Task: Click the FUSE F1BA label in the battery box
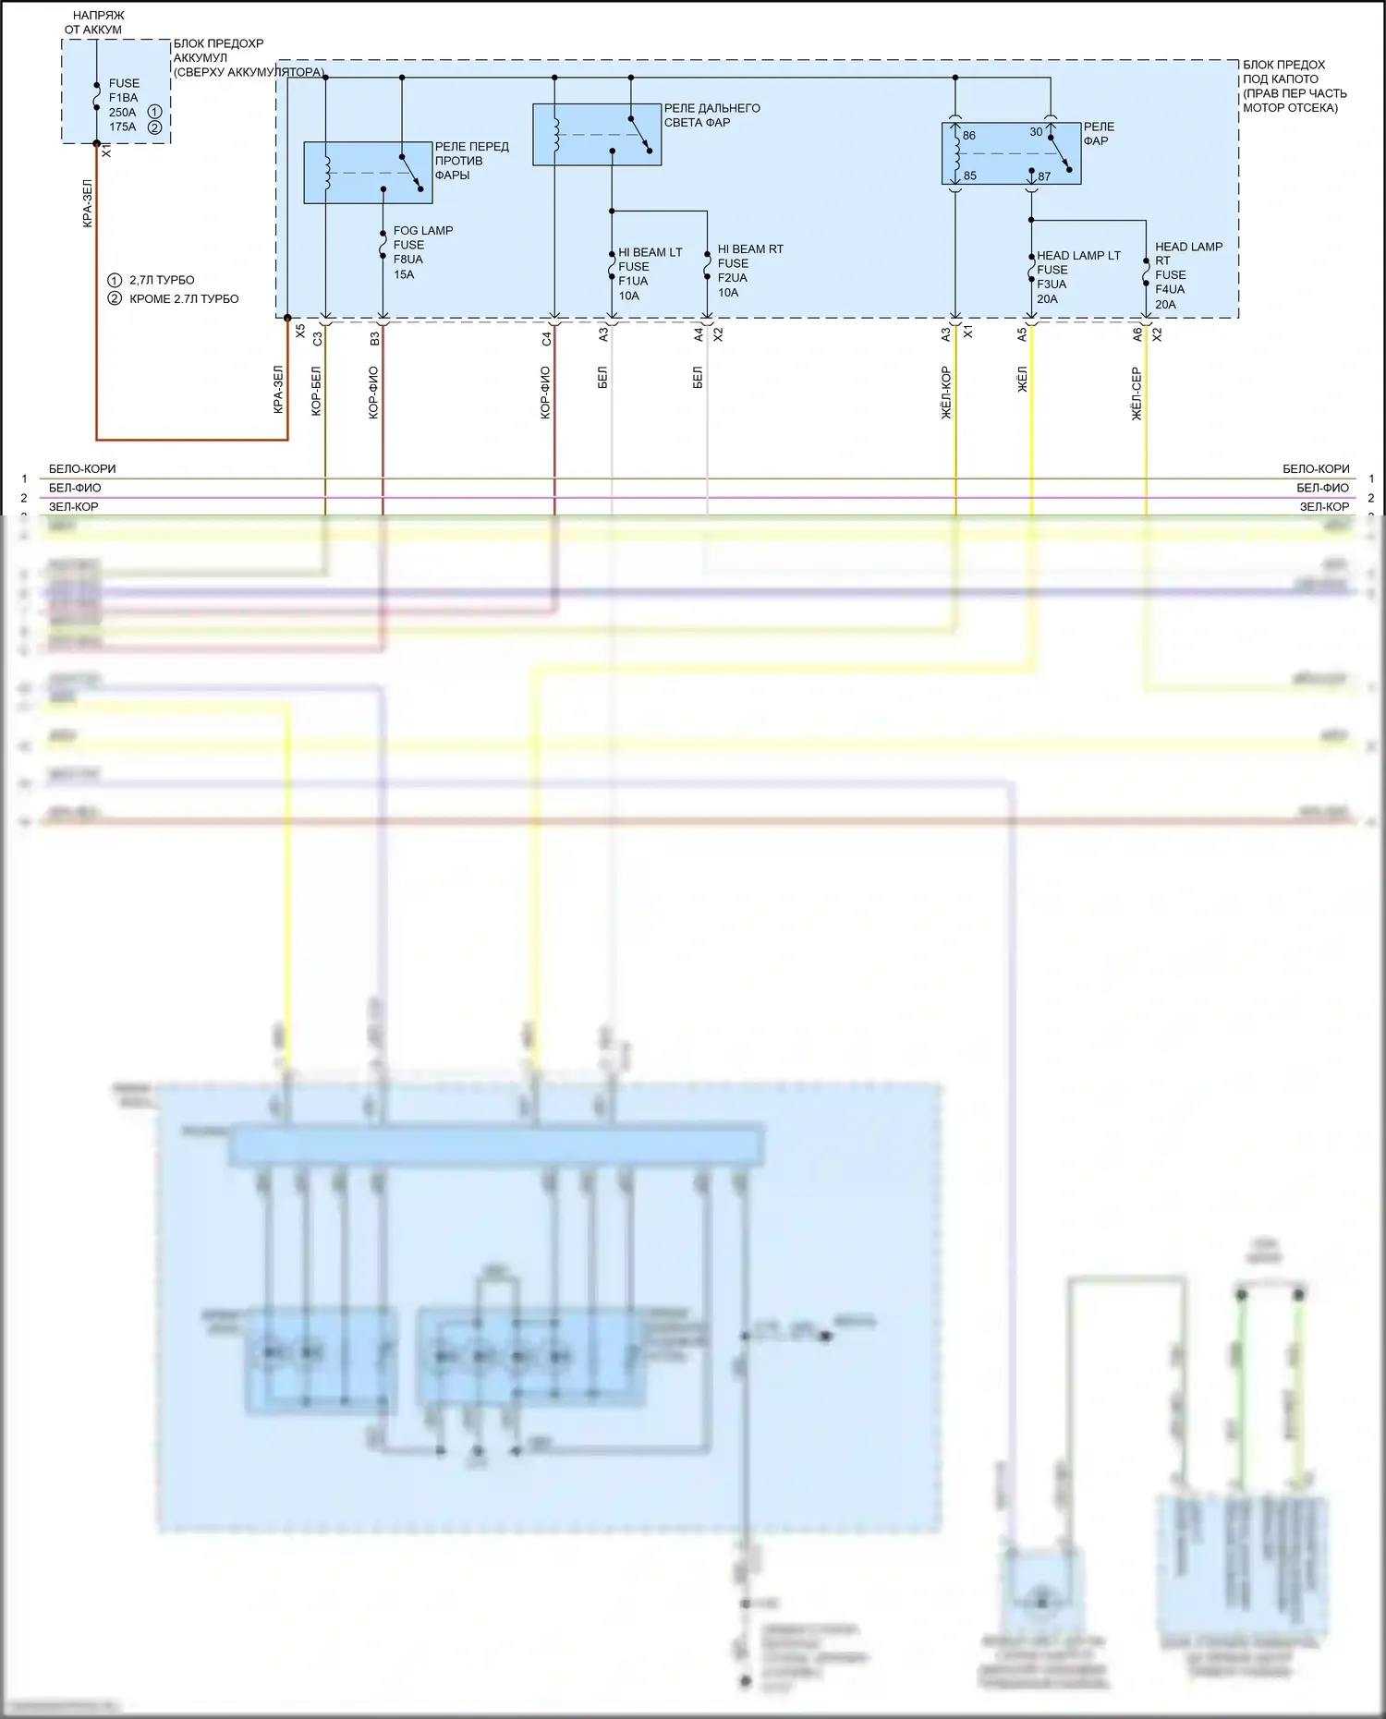pos(123,91)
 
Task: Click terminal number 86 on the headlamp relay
pos(968,136)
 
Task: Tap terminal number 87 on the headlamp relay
pos(1043,176)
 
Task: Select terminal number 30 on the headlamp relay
pos(1036,132)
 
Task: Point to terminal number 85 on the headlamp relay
pos(969,176)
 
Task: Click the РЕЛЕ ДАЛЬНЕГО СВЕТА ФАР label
pos(711,115)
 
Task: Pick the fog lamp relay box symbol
pos(368,173)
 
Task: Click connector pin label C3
pos(317,339)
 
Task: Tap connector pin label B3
pos(374,339)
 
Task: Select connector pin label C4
pos(546,339)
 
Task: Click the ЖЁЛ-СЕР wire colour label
pos(1137,393)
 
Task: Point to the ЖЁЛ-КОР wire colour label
pos(946,393)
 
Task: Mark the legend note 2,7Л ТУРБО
pos(161,280)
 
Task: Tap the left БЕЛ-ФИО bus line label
pos(75,488)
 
